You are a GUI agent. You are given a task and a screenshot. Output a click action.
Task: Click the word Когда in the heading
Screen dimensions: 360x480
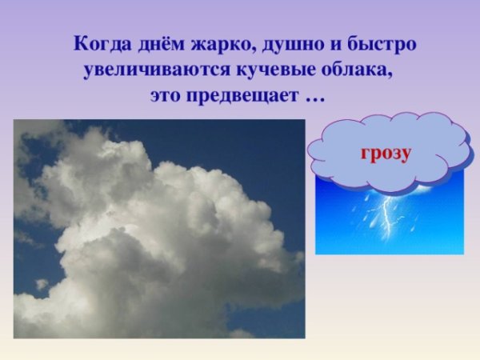coord(99,43)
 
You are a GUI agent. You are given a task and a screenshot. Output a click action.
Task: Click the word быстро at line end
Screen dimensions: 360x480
coord(382,43)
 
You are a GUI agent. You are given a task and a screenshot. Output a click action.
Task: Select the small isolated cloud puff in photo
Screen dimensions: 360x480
coord(42,284)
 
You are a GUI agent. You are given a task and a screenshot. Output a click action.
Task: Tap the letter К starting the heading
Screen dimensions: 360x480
coord(78,43)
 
